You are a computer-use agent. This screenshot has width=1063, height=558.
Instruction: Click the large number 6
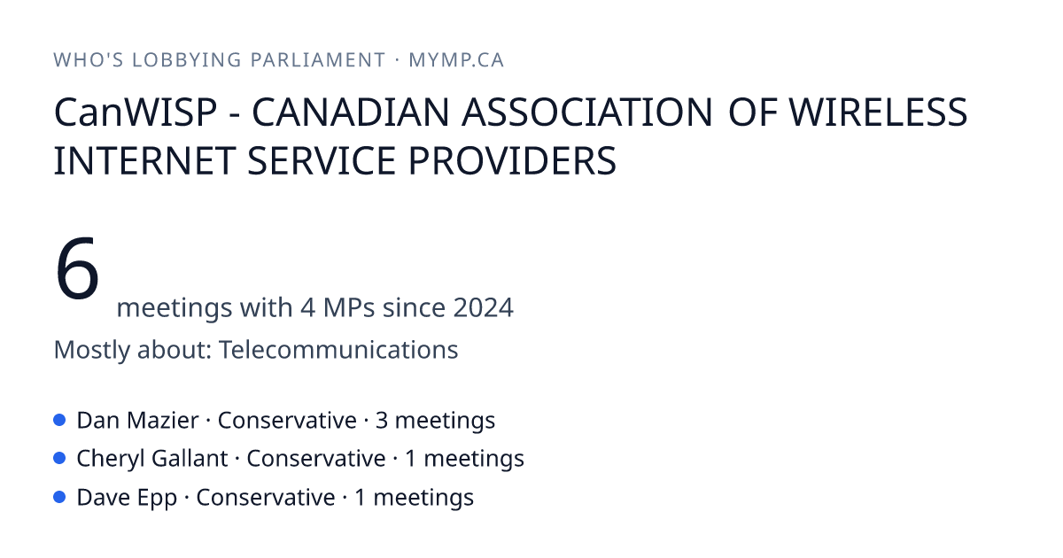click(x=77, y=268)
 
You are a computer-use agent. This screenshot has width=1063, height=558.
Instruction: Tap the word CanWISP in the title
click(x=136, y=112)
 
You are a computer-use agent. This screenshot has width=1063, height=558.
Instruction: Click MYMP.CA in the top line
click(x=456, y=60)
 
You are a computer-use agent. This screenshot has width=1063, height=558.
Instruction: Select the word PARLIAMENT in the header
click(x=318, y=60)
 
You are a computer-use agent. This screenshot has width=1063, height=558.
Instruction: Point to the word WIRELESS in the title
click(x=878, y=112)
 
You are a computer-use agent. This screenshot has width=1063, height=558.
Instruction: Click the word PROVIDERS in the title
click(x=512, y=161)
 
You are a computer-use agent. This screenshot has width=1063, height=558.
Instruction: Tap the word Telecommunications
click(x=338, y=350)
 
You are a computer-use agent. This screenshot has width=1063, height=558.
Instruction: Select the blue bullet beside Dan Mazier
click(x=59, y=420)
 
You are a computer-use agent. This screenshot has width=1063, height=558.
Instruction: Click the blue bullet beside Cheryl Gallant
click(x=59, y=459)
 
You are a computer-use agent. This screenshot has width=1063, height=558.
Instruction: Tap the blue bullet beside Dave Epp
click(x=59, y=497)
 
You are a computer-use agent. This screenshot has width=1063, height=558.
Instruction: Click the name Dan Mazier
click(x=137, y=421)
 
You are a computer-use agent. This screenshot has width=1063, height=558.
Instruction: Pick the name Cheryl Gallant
click(x=152, y=459)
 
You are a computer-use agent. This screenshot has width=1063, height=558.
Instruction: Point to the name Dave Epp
click(x=127, y=498)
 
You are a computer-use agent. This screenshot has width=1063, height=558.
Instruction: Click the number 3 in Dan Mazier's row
click(x=382, y=421)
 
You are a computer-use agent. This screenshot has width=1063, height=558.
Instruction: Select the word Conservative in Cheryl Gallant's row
click(x=316, y=459)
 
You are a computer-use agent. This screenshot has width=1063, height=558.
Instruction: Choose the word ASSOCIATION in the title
click(x=587, y=112)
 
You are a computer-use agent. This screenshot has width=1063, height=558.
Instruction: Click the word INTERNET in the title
click(x=144, y=161)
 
